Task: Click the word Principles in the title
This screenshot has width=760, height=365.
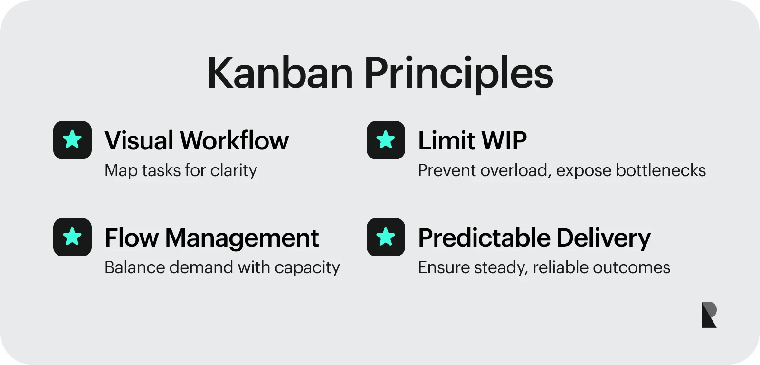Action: (x=459, y=74)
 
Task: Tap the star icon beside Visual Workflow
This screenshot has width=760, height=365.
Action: (x=72, y=140)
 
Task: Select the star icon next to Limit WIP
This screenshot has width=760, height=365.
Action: (x=386, y=140)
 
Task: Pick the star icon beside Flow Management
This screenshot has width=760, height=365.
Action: (x=72, y=237)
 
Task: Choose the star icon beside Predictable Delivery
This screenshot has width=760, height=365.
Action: (x=386, y=237)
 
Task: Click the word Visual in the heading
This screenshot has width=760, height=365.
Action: (x=139, y=140)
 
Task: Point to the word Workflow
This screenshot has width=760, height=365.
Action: (x=234, y=140)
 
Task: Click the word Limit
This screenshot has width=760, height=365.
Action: (x=446, y=140)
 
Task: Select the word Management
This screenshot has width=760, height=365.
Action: (x=242, y=237)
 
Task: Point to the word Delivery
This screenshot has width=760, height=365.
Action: (x=604, y=238)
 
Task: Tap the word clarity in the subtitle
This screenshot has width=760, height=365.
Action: (x=233, y=170)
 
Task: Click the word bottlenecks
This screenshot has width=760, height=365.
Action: (x=661, y=170)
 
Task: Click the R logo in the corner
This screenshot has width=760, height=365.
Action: (x=709, y=315)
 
